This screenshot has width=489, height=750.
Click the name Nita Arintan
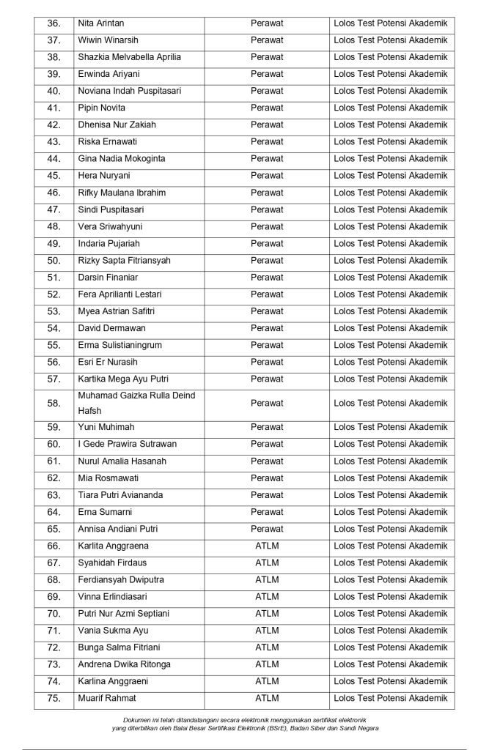100,23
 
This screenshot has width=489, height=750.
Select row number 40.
54,91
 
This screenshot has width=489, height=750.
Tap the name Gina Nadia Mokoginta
121,158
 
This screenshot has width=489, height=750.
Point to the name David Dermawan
111,328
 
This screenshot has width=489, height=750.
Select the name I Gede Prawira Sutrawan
127,444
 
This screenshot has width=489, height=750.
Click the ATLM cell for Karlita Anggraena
267,546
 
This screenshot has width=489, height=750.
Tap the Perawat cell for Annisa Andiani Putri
267,529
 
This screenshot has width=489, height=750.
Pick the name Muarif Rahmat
107,698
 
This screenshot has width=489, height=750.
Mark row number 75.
54,698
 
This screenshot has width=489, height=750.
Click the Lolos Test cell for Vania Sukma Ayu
390,631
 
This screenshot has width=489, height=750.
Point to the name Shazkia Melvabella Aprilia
129,57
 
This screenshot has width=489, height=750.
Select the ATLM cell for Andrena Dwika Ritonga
267,664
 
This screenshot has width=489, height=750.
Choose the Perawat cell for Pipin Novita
267,108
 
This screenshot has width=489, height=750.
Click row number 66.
54,546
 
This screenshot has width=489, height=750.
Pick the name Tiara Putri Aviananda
120,495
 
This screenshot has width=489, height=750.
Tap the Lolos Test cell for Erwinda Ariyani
390,74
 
